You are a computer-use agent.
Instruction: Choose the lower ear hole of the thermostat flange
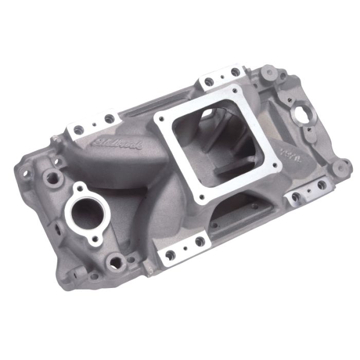click(x=94, y=238)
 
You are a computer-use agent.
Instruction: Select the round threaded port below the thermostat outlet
click(x=116, y=263)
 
